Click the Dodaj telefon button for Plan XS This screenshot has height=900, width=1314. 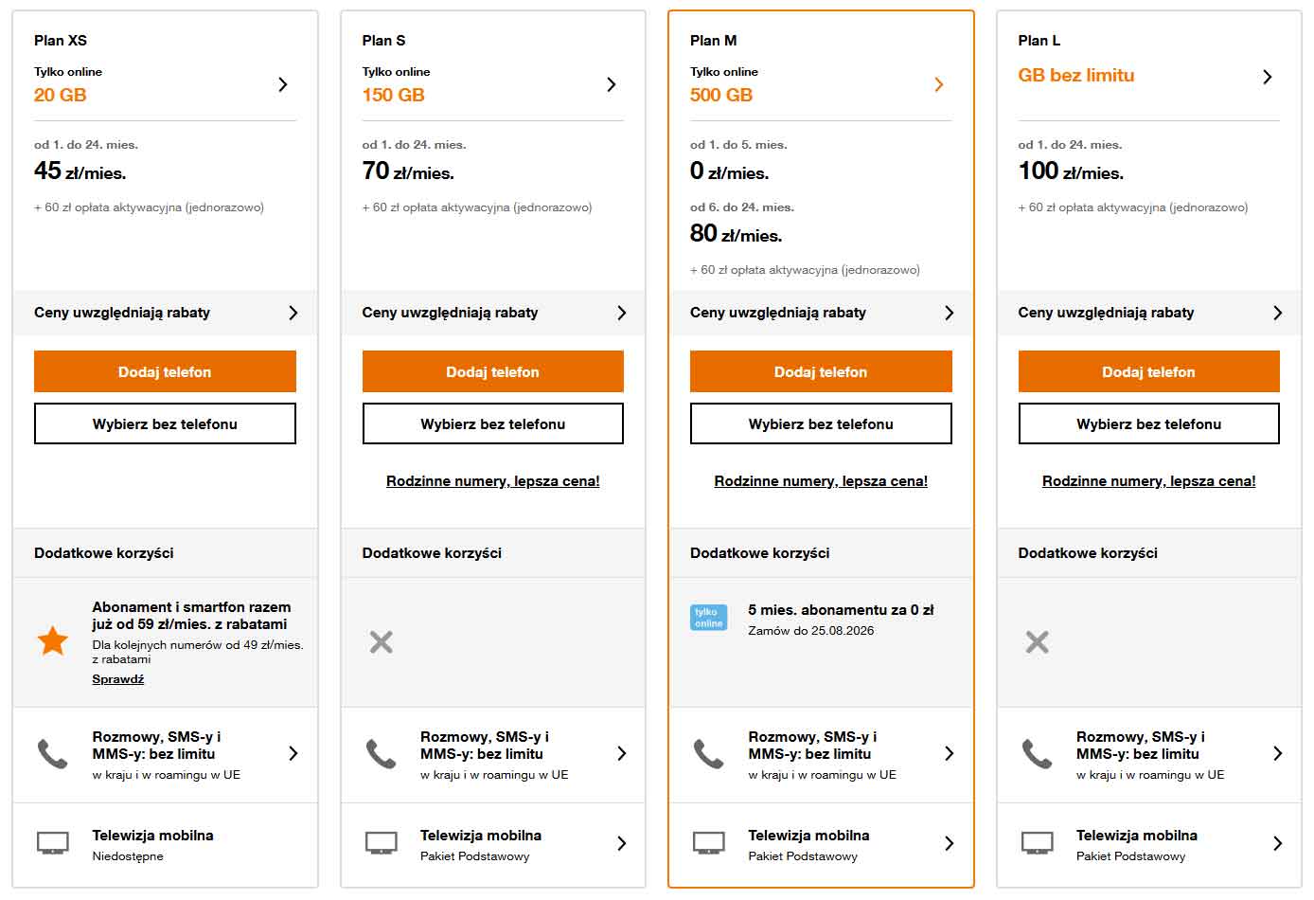(165, 371)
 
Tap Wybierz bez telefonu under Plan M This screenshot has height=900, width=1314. (821, 423)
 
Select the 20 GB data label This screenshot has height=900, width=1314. (60, 95)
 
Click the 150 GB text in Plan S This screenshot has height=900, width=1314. (393, 95)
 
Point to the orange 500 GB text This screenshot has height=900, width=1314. (721, 95)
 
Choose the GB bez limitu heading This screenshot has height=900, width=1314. (1075, 75)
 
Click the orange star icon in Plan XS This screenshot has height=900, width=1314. (53, 640)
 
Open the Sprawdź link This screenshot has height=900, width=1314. (118, 678)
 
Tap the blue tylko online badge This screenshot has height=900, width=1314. (709, 617)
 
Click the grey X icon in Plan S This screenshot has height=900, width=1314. (382, 641)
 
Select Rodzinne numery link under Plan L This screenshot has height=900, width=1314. (1148, 481)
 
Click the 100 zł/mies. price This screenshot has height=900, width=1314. (1071, 171)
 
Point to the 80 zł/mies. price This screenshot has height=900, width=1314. (736, 234)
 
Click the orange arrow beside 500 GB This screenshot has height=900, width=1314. (939, 84)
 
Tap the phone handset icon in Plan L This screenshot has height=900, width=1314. (1038, 754)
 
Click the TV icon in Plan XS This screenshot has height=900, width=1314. (53, 843)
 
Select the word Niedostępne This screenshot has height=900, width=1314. (127, 856)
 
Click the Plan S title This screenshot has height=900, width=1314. (383, 41)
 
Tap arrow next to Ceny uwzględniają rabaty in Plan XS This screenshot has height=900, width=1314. (293, 313)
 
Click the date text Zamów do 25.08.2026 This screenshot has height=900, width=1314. (810, 631)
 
